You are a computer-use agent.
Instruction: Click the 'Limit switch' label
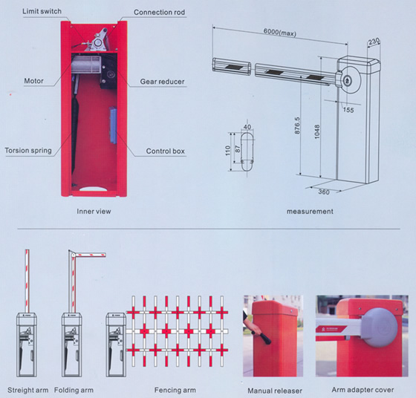point(42,11)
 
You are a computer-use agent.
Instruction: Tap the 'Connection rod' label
point(159,12)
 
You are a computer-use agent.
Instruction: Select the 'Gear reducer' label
point(162,82)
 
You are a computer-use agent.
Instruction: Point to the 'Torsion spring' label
point(28,151)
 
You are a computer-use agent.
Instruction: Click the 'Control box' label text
point(165,151)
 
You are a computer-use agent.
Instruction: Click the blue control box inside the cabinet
point(113,125)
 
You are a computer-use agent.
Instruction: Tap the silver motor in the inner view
point(86,65)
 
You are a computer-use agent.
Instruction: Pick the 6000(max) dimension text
point(279,32)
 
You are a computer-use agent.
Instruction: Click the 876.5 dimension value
point(297,125)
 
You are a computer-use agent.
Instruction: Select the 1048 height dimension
point(316,131)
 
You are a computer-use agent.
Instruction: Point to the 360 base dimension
point(324,192)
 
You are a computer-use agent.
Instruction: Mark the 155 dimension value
point(348,109)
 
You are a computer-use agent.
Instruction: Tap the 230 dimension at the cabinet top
point(374,42)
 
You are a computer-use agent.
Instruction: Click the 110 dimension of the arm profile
point(228,151)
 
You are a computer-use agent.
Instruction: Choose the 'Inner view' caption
point(94,212)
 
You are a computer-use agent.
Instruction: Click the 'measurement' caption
point(310,212)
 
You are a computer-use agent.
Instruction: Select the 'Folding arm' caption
point(74,391)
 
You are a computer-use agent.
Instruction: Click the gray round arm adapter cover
point(380,327)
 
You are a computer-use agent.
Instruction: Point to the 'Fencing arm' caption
point(175,391)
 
